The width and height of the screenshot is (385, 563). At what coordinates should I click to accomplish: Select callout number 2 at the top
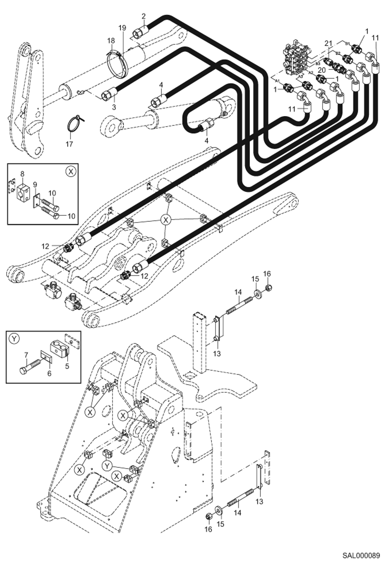(x=143, y=16)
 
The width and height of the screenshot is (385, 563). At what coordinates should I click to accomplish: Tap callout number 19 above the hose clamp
(x=122, y=28)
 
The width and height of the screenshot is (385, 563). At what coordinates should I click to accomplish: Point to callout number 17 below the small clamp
(x=69, y=144)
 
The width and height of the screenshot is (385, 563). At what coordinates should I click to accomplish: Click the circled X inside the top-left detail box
(x=71, y=171)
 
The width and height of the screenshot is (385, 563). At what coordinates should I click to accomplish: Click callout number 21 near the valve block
(x=328, y=44)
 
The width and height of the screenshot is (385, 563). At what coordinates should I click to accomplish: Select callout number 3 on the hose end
(x=114, y=107)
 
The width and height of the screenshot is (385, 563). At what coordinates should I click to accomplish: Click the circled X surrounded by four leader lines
(x=166, y=220)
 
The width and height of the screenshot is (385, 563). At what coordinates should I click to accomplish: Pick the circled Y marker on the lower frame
(x=107, y=466)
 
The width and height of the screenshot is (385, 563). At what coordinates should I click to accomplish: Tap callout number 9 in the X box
(x=35, y=185)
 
